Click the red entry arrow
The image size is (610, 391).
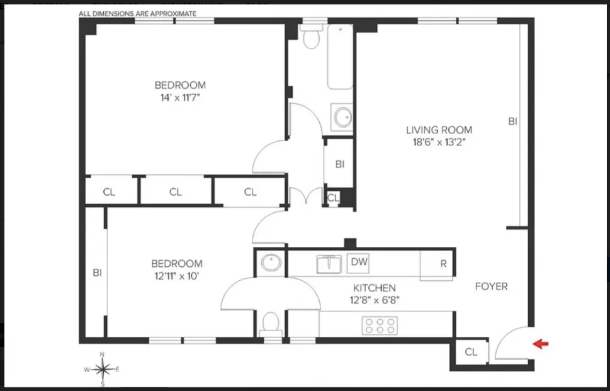pos(541,344)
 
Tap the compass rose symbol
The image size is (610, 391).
pos(103,368)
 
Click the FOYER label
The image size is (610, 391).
pos(491,286)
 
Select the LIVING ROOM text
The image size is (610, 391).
pos(439,130)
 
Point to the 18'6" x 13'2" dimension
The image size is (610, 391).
pos(439,142)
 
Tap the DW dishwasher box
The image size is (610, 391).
pos(359,262)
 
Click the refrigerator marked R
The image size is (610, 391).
pos(443,264)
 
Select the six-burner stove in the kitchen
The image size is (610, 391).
pos(380,325)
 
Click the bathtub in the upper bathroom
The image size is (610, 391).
pos(339,57)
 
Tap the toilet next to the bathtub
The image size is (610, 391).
pos(310,38)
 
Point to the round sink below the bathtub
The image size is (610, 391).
pos(343,117)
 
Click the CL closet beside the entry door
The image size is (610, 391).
pos(471,353)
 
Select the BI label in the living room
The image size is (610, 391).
pos(512,122)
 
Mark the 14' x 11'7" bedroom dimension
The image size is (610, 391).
pos(180,98)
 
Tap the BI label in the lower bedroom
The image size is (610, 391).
pos(97,273)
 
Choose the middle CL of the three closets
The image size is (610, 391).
pos(175,192)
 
